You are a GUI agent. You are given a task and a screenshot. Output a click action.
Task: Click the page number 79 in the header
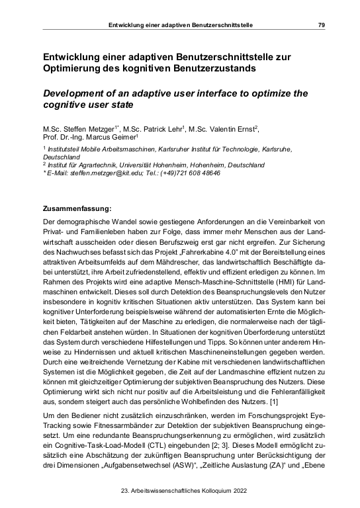click(x=321, y=25)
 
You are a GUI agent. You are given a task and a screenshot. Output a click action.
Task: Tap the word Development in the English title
click(x=75, y=92)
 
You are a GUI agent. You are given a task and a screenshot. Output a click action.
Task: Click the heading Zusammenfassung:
click(x=75, y=208)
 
